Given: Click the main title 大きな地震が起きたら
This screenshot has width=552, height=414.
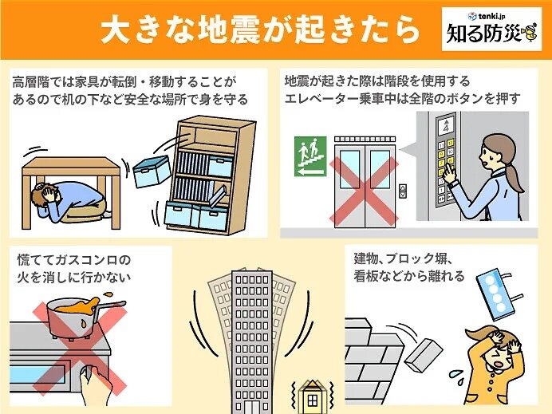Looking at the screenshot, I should click(x=259, y=30).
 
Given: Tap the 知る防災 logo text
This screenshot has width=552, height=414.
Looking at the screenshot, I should click(x=483, y=37).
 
